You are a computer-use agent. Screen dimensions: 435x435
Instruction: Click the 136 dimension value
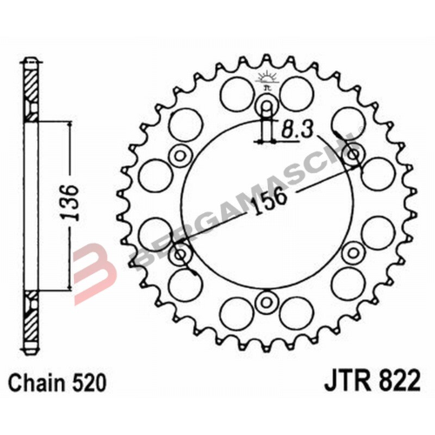pos(74,204)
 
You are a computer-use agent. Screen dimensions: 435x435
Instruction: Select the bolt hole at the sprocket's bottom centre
pos(266,302)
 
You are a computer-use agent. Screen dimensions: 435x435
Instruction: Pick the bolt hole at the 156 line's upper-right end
pos(352,156)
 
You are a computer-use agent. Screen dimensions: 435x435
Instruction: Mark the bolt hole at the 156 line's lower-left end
pos(181,255)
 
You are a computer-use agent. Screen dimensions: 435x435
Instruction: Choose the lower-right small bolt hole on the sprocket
pos(351,254)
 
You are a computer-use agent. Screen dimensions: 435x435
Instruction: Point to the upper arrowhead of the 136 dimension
pos(64,124)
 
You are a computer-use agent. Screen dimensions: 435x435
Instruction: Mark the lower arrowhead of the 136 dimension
pos(64,286)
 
